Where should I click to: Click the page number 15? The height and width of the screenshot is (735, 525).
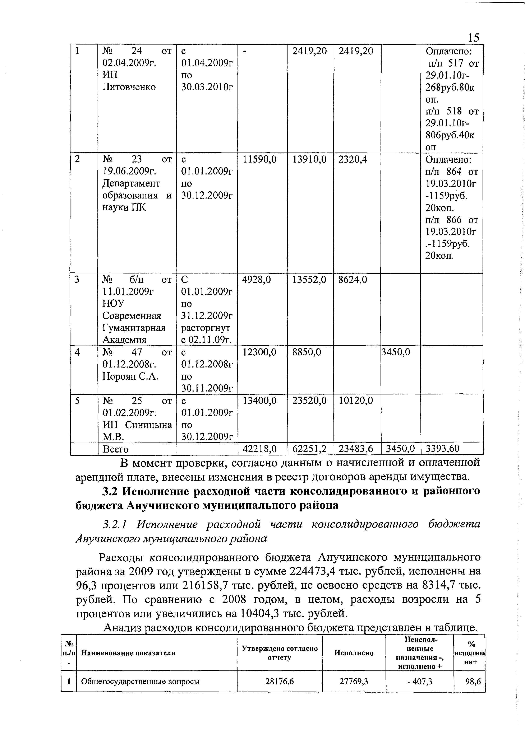[x=474, y=38]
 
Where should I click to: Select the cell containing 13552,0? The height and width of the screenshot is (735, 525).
[x=309, y=280]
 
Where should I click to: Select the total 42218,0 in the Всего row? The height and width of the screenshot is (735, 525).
[x=260, y=449]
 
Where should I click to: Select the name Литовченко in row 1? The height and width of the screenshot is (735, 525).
[x=129, y=87]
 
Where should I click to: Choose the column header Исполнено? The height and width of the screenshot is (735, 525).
[x=354, y=653]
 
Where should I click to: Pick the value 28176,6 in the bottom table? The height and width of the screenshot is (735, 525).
[x=279, y=682]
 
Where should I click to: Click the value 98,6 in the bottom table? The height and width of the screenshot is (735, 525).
[x=473, y=682]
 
